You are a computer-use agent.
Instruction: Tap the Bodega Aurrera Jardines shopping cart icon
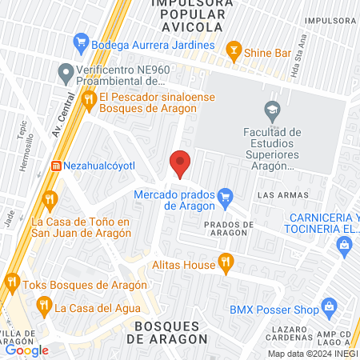(x=80, y=41)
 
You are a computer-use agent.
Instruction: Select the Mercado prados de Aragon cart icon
(x=226, y=194)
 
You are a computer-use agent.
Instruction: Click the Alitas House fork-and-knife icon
(x=226, y=262)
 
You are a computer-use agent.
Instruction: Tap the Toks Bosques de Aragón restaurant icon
(x=12, y=281)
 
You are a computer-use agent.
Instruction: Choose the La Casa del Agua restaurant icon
(x=43, y=305)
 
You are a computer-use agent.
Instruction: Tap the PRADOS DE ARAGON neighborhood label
(x=229, y=230)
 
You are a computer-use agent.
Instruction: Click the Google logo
(x=26, y=350)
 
